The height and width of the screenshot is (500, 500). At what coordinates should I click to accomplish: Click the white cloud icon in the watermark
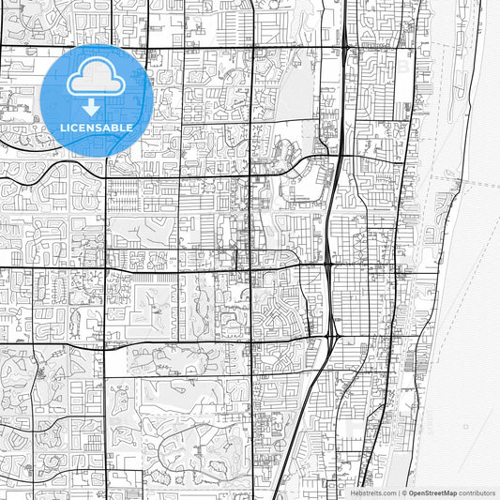pos(97,79)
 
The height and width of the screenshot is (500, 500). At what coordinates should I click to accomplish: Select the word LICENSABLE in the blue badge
pos(97,128)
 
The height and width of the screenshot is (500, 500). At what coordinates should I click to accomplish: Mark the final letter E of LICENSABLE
pos(129,128)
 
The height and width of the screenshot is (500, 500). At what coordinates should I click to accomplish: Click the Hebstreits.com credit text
pos(373,492)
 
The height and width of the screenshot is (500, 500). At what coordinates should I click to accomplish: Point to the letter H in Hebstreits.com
pos(355,492)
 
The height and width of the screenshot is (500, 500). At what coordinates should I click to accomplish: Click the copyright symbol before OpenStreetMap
pos(404,492)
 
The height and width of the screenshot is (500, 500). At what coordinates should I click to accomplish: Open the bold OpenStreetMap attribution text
pos(432,492)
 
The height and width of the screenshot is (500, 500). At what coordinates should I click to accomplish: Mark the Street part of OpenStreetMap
pos(434,492)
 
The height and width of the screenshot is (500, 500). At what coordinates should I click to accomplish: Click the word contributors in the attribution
pos(477,492)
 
